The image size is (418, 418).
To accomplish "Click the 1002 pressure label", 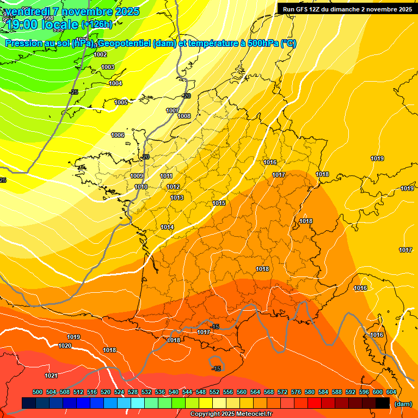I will (x=100, y=54).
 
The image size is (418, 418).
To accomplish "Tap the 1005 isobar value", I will (x=121, y=102).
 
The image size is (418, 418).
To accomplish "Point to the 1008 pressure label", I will (x=184, y=116).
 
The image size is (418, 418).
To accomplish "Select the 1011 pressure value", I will (x=167, y=176).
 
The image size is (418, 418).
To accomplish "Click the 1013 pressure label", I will (x=177, y=198).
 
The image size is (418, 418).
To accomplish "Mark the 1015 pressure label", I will (x=219, y=203).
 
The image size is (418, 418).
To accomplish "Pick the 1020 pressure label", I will (x=65, y=346).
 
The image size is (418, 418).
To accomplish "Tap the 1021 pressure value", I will (x=51, y=376).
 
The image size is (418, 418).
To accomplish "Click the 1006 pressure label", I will (x=118, y=135).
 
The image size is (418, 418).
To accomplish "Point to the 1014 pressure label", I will (x=167, y=227).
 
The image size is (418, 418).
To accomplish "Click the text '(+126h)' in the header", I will (x=96, y=24).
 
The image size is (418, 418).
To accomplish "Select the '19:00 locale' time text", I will (x=43, y=24).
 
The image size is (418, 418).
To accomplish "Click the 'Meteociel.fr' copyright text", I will (x=251, y=414).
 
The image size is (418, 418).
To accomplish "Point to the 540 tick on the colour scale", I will (x=174, y=392).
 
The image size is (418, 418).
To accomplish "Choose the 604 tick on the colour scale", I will (x=391, y=392).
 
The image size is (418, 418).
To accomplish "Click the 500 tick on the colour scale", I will (x=38, y=392).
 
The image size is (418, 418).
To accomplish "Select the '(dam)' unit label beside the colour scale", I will (x=403, y=404).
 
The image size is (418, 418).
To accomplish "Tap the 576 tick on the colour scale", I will (x=296, y=392).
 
